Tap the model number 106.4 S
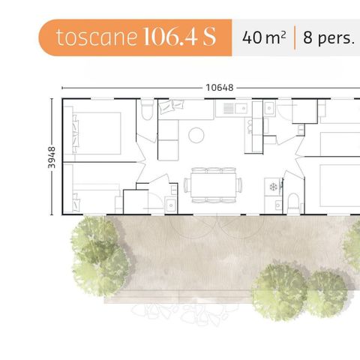pos(178,37)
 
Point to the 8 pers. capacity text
pos(328,37)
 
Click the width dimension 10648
pos(219,87)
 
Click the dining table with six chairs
pos(214,184)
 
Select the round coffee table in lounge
pos(196,135)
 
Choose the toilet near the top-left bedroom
pos(147,110)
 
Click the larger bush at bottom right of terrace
pos(278,290)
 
